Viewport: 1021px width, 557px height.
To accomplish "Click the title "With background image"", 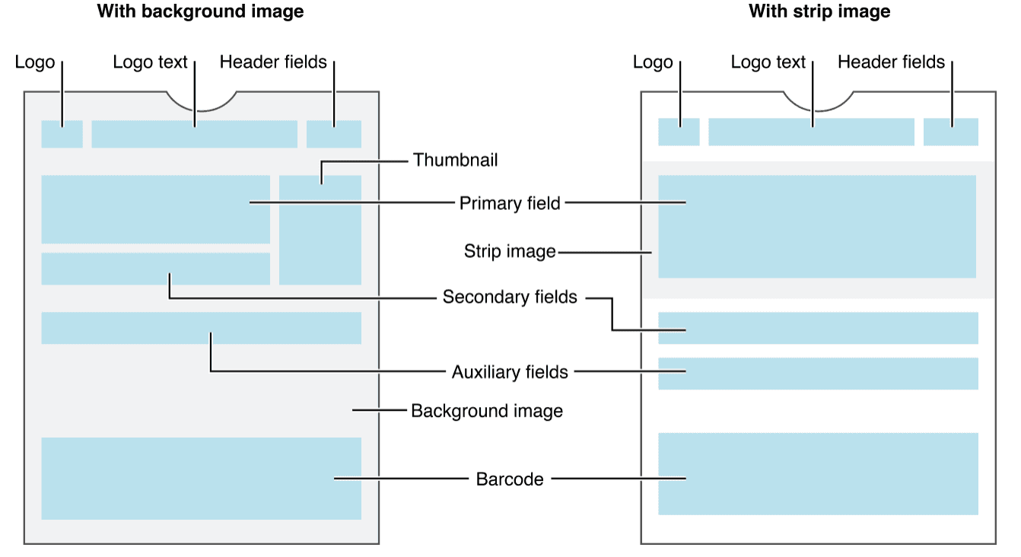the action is pos(200,11).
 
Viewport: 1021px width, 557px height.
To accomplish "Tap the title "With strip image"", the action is pos(819,11).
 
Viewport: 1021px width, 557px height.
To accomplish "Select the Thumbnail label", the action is pos(455,160).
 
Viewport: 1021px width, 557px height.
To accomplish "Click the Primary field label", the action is pos(510,203).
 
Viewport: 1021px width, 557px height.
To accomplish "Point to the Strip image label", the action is pos(510,251).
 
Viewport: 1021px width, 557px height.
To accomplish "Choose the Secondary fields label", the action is pos(510,297).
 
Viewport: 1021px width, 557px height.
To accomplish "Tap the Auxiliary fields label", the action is pos(510,372).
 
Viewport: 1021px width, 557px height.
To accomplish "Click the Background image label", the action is pos(487,411).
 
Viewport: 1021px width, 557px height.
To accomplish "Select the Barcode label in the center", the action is pos(510,479).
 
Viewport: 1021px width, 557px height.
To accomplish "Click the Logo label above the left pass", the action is pos(35,62).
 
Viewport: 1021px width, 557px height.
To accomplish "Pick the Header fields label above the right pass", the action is pos(891,62).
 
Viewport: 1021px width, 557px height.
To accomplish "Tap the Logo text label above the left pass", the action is pos(150,62).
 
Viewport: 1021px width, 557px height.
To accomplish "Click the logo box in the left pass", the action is pos(62,134).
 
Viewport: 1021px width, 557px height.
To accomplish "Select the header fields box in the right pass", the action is pos(951,132).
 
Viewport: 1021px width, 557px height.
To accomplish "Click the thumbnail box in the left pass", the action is pos(320,230).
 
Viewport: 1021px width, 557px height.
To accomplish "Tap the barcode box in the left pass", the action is pos(201,479).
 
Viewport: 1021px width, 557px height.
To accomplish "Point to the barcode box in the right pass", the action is pos(818,474).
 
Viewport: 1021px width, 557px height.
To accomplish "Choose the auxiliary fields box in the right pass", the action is pos(818,374).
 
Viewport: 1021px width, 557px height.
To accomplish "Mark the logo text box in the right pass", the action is pos(811,132).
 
